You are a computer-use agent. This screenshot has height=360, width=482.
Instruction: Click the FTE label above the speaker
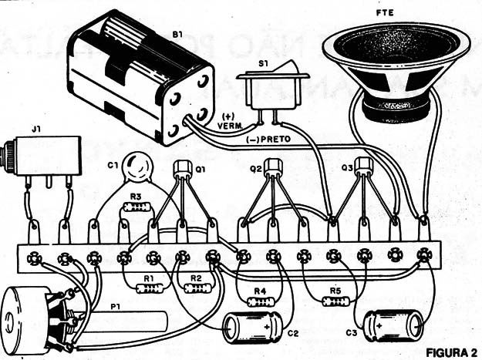coord(385,13)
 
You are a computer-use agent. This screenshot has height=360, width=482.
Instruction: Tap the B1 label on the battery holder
coord(177,35)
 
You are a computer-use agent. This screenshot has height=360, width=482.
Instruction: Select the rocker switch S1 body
coord(273,89)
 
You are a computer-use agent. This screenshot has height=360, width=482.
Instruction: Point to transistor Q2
coord(273,166)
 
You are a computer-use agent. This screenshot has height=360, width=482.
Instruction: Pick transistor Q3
coord(364,165)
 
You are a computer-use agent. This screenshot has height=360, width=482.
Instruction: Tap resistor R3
coord(137,207)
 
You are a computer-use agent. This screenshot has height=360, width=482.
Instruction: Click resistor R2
coord(197,288)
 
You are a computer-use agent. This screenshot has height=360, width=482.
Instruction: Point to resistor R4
coord(261,301)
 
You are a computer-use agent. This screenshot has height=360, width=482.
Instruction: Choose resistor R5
coord(335,301)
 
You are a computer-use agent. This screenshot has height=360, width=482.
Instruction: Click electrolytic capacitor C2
coord(253,328)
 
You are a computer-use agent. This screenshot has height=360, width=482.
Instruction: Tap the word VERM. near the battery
coord(230,126)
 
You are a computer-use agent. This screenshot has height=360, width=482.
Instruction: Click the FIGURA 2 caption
coord(452,352)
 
